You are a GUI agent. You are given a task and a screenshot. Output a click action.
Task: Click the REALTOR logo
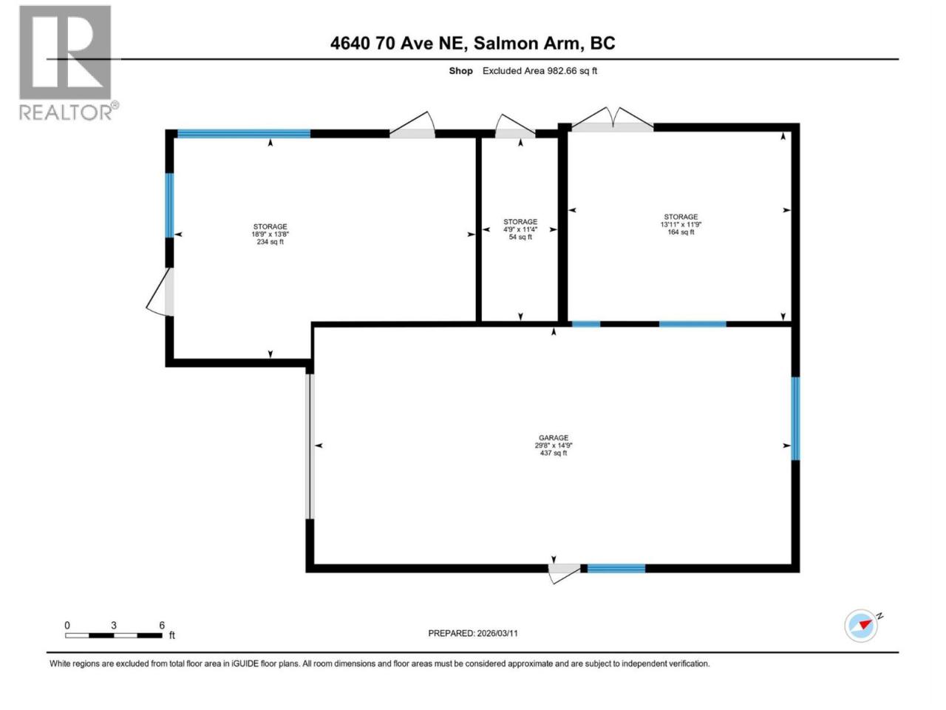pyautogui.click(x=66, y=63)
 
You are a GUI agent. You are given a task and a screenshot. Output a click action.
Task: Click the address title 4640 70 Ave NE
pyautogui.click(x=398, y=43)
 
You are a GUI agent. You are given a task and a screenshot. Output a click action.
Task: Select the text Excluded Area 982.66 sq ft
pyautogui.click(x=540, y=71)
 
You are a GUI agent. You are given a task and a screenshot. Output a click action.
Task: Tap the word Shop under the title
pyautogui.click(x=460, y=71)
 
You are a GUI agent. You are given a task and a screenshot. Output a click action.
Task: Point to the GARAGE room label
pyautogui.click(x=554, y=438)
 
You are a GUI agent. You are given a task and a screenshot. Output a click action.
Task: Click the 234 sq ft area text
pyautogui.click(x=270, y=242)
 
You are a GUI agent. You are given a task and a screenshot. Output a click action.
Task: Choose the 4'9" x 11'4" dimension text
pyautogui.click(x=520, y=229)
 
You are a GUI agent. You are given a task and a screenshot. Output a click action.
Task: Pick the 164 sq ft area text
pyautogui.click(x=681, y=232)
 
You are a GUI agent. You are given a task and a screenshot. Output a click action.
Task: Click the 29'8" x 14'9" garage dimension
pyautogui.click(x=554, y=446)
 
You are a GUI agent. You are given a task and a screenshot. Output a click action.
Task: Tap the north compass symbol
pyautogui.click(x=862, y=626)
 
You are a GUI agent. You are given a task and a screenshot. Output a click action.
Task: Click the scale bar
pyautogui.click(x=114, y=635)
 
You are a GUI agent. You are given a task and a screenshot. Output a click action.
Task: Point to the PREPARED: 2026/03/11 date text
pyautogui.click(x=473, y=633)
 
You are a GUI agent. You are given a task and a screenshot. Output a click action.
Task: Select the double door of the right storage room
pyautogui.click(x=613, y=119)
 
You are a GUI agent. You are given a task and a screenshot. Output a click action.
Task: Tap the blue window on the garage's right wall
pyautogui.click(x=795, y=419)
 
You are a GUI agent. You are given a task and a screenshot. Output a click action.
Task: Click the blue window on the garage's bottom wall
pyautogui.click(x=616, y=569)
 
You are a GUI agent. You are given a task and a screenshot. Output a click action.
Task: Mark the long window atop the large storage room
pyautogui.click(x=244, y=134)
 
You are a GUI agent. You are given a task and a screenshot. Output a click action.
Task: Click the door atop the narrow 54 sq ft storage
pyautogui.click(x=515, y=126)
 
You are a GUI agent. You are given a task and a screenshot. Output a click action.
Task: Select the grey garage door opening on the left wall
pyautogui.click(x=310, y=447)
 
